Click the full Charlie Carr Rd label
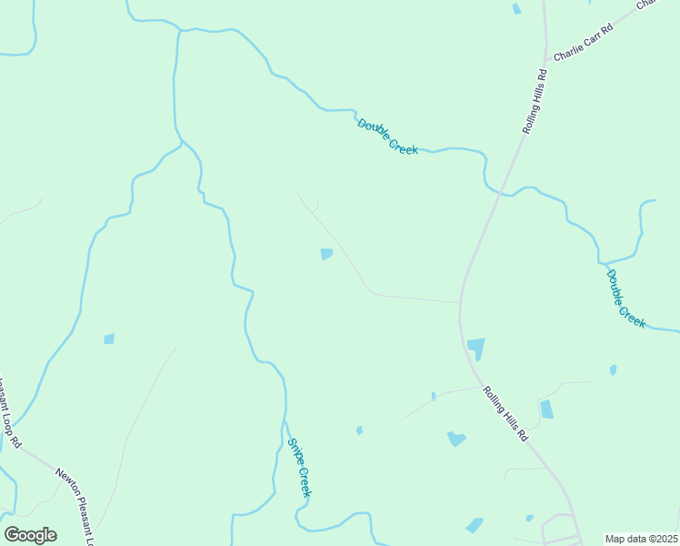[x=584, y=42]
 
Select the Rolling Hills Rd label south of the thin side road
[x=505, y=414]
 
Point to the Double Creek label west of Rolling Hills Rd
[x=387, y=136]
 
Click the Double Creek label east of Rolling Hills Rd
[x=625, y=298]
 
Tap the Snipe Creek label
[x=300, y=467]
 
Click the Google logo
[x=30, y=534]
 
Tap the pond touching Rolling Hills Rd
[x=475, y=349]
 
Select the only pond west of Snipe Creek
[x=109, y=339]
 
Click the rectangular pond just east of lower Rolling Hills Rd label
[x=546, y=409]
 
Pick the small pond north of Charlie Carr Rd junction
[x=516, y=8]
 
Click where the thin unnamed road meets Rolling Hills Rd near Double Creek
[x=459, y=302]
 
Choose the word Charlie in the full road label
[x=571, y=49]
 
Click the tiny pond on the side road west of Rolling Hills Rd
[x=434, y=396]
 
